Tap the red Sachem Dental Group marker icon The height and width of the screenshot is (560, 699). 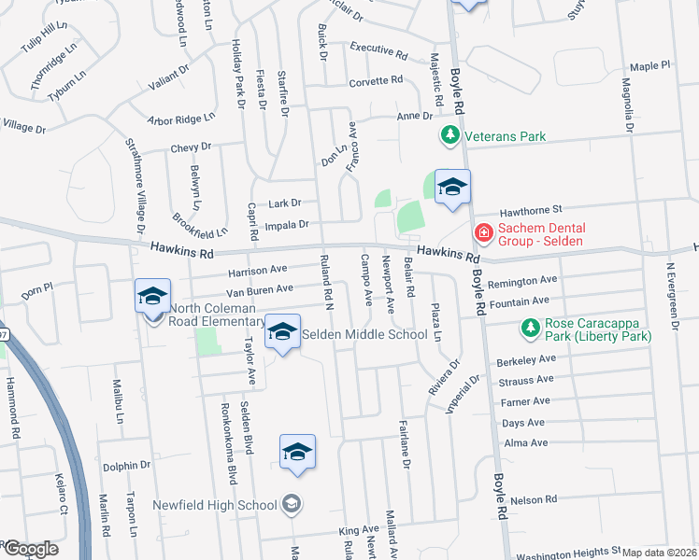coord(484,232)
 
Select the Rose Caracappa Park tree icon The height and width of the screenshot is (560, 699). coord(531,329)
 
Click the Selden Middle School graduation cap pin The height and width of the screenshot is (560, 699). coord(283,332)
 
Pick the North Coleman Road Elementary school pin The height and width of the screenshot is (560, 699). coord(152,296)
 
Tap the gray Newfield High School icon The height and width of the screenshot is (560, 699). coord(292,505)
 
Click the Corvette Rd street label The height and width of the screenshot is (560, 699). coord(375,81)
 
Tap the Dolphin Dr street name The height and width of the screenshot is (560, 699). coord(127,465)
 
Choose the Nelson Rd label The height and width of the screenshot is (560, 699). coord(537,500)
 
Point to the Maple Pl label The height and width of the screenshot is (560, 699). coord(650,66)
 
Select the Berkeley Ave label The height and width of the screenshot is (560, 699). coord(528,358)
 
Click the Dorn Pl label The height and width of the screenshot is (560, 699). coord(39,290)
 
